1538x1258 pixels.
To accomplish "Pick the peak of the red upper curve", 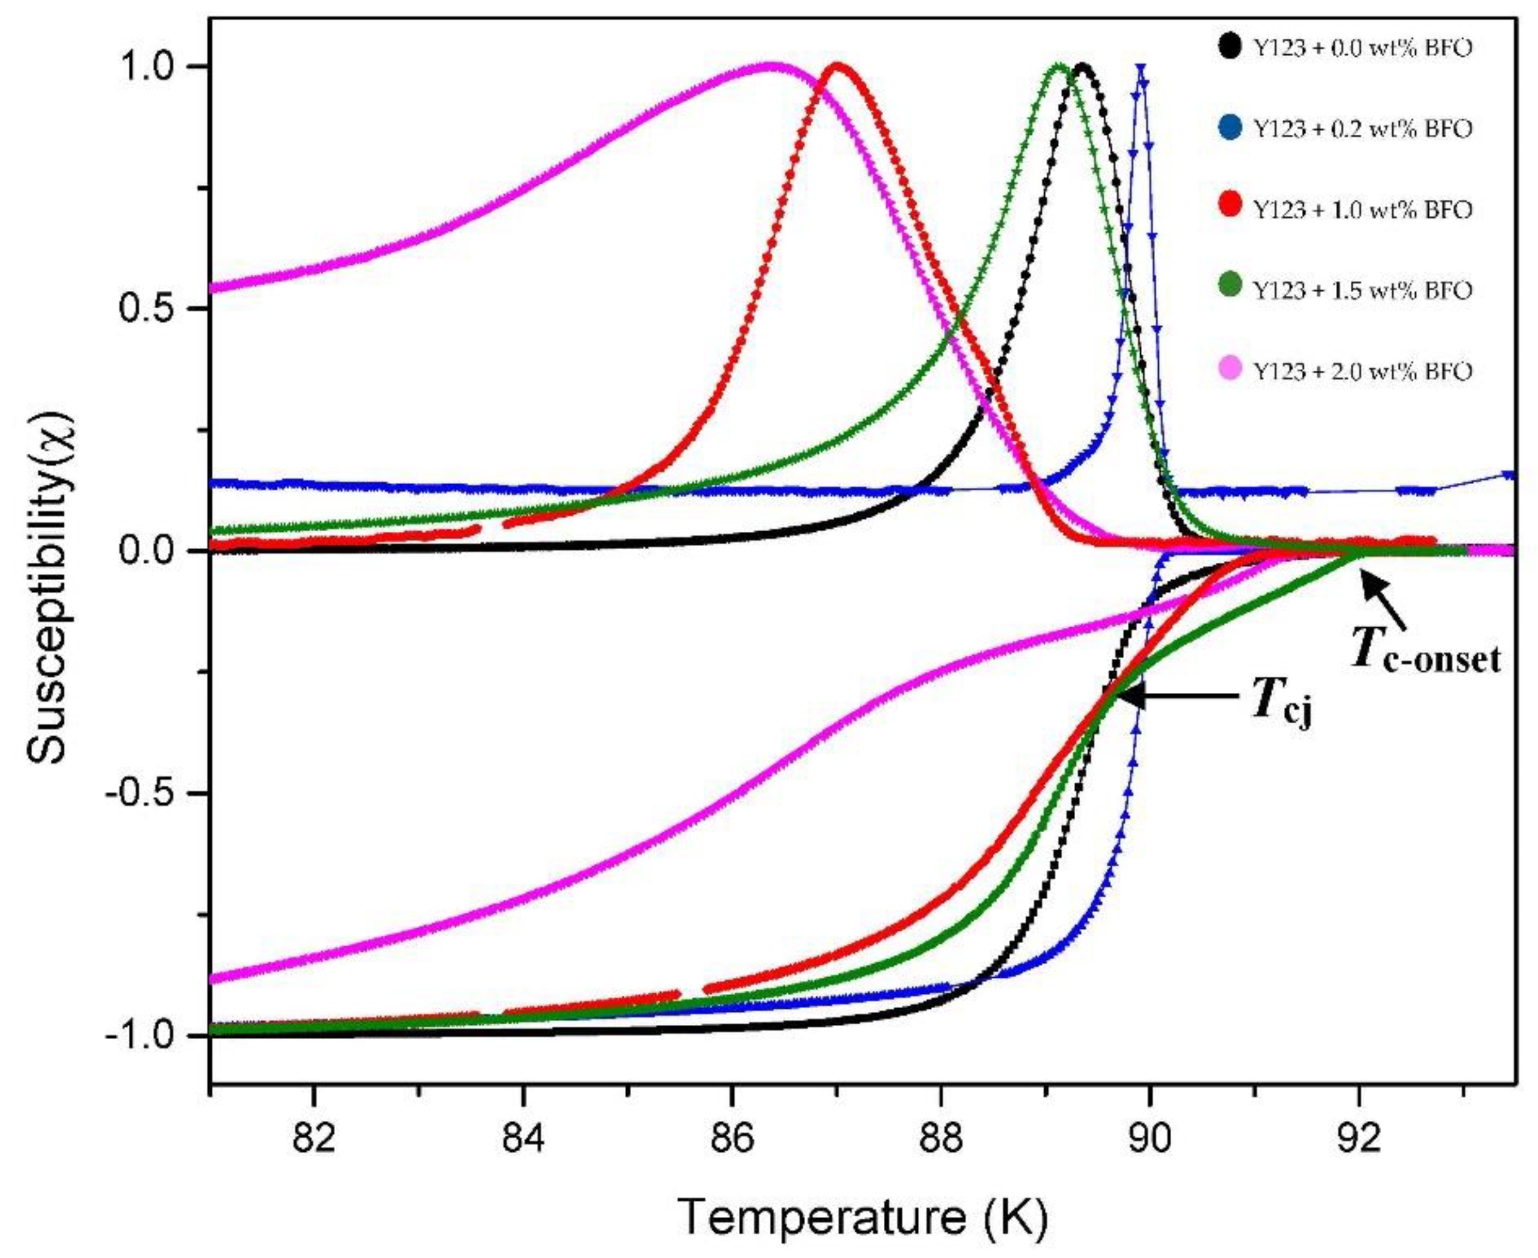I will pyautogui.click(x=838, y=67).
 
